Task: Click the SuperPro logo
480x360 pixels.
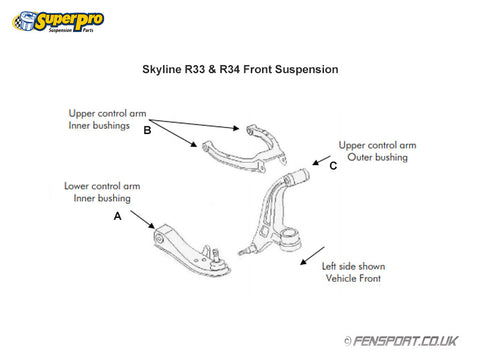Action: (x=58, y=22)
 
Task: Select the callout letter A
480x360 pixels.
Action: (x=117, y=216)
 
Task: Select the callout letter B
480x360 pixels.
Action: (x=147, y=130)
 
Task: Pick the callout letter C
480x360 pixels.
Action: (x=333, y=166)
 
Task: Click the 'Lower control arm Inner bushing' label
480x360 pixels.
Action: (x=102, y=192)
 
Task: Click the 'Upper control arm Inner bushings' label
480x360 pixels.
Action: (x=107, y=119)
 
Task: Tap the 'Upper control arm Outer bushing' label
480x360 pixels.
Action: (x=377, y=151)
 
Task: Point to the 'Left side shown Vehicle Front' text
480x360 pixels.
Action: (x=353, y=272)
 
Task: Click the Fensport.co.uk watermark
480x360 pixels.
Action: (x=401, y=341)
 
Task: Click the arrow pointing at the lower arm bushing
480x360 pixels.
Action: (x=143, y=220)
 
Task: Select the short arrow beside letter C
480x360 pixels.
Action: (x=321, y=160)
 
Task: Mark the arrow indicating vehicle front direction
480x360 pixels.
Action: (x=312, y=256)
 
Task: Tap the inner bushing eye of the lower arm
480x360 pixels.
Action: (x=159, y=239)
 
